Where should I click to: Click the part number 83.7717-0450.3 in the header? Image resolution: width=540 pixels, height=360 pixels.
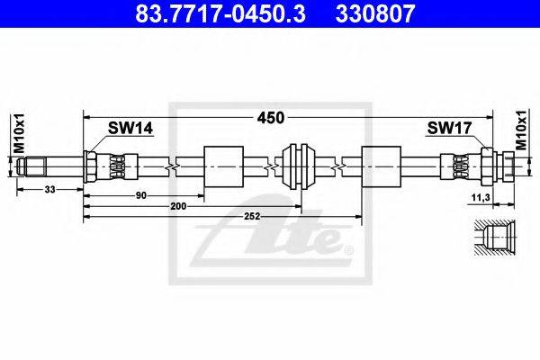220,13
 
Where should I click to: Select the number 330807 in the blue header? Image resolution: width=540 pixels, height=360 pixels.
375,13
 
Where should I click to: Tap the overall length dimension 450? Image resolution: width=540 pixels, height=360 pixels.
271,118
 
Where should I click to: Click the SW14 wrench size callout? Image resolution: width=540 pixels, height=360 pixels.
130,128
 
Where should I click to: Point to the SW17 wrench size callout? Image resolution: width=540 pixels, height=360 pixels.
449,128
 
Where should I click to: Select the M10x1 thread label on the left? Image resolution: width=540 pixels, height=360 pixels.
19,132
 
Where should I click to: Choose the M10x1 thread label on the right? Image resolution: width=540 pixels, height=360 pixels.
521,130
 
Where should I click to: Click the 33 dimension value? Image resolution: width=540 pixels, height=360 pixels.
49,189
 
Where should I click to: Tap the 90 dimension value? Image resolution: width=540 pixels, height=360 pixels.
141,195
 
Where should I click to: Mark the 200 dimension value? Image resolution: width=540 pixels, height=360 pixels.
178,206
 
